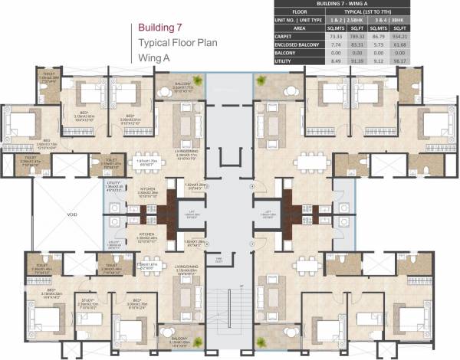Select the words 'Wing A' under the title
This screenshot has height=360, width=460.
(x=156, y=57)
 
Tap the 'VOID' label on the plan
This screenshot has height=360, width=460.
(x=48, y=215)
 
